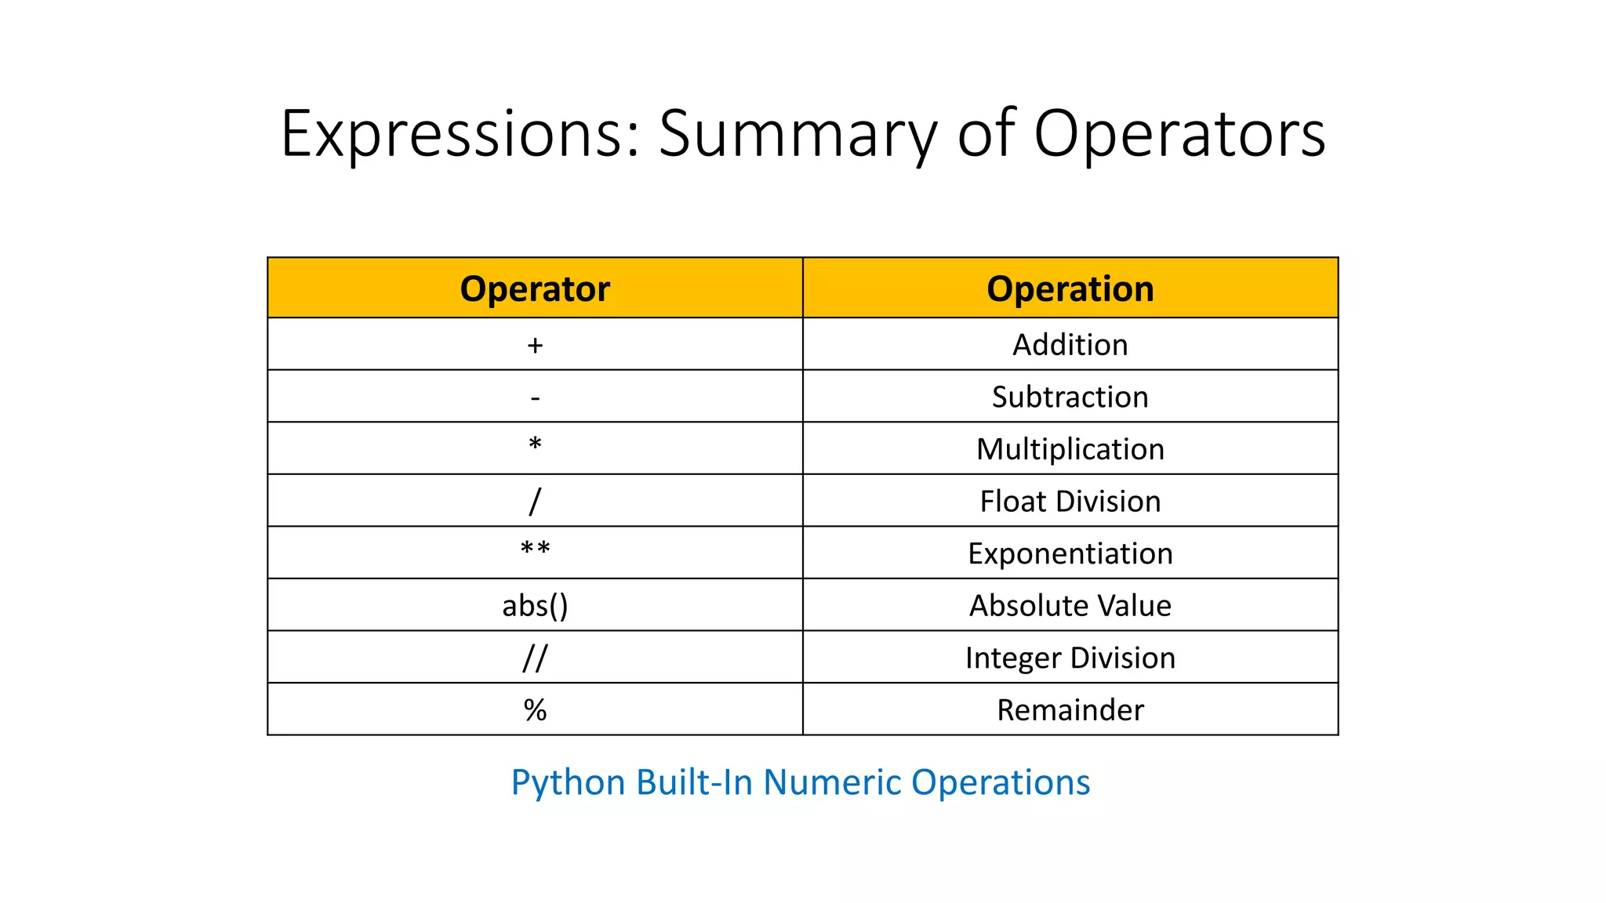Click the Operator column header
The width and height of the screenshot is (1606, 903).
tap(535, 288)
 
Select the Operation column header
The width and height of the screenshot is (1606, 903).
tap(1070, 288)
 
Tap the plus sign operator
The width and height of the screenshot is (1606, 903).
tap(535, 345)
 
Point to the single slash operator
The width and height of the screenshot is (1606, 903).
tap(535, 501)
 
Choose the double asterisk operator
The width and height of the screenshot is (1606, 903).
tap(535, 549)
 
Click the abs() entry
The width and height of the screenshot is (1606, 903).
tap(535, 606)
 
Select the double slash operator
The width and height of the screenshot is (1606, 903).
tap(535, 658)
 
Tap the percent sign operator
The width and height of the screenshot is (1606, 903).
tap(535, 710)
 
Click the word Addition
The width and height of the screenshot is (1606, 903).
tap(1070, 345)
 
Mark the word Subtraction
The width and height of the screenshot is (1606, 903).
tap(1070, 397)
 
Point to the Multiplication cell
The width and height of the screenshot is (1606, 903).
tap(1070, 449)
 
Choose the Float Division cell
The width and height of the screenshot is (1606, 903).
tap(1070, 502)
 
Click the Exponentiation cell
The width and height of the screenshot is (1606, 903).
tap(1070, 553)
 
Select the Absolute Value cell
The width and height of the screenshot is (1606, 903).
tap(1070, 606)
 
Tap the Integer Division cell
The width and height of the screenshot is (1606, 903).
tap(1070, 658)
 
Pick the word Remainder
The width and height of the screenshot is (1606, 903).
tap(1070, 710)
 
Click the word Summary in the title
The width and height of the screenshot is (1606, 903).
tap(798, 135)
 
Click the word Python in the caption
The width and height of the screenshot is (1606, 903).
tap(569, 782)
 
